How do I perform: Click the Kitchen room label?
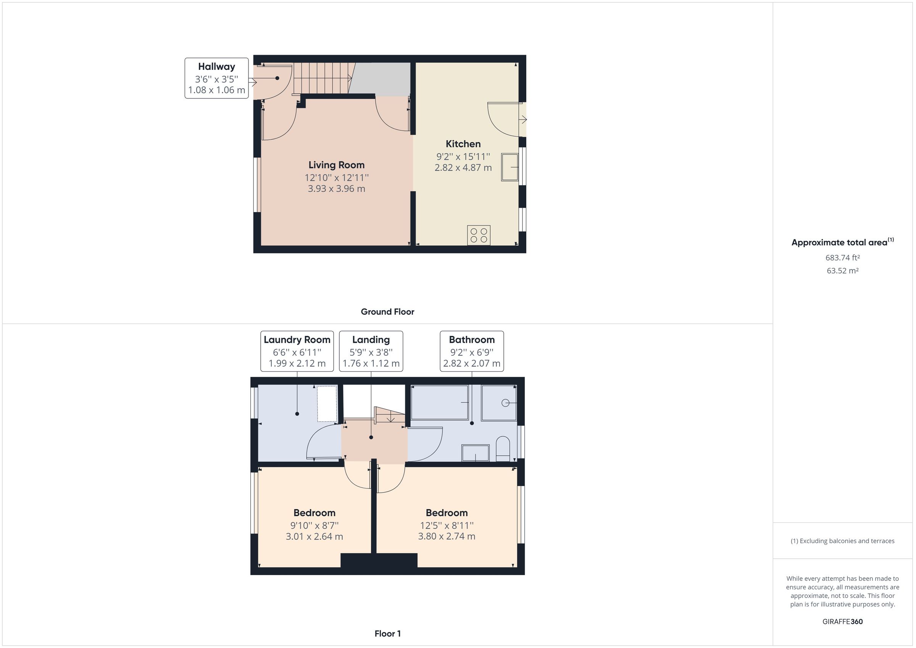(x=463, y=144)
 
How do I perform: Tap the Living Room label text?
(x=336, y=165)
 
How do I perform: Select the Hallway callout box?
(x=216, y=78)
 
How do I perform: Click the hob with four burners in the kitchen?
(x=478, y=235)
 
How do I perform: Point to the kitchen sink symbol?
(x=510, y=167)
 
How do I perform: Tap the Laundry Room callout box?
(x=297, y=351)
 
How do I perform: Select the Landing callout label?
(x=371, y=351)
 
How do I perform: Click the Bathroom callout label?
(x=472, y=351)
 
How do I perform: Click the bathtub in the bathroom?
(x=439, y=402)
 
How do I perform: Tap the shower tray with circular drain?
(x=499, y=403)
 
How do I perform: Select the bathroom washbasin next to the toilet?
(x=475, y=453)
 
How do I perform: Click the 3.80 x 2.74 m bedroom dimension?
(x=447, y=536)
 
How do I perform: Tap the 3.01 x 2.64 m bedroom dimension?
(x=314, y=537)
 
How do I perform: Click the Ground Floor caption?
(x=387, y=312)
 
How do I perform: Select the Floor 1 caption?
(x=387, y=633)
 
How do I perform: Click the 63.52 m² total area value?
(x=842, y=271)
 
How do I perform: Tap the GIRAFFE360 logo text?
(x=842, y=622)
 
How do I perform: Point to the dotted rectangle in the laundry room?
(x=327, y=403)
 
